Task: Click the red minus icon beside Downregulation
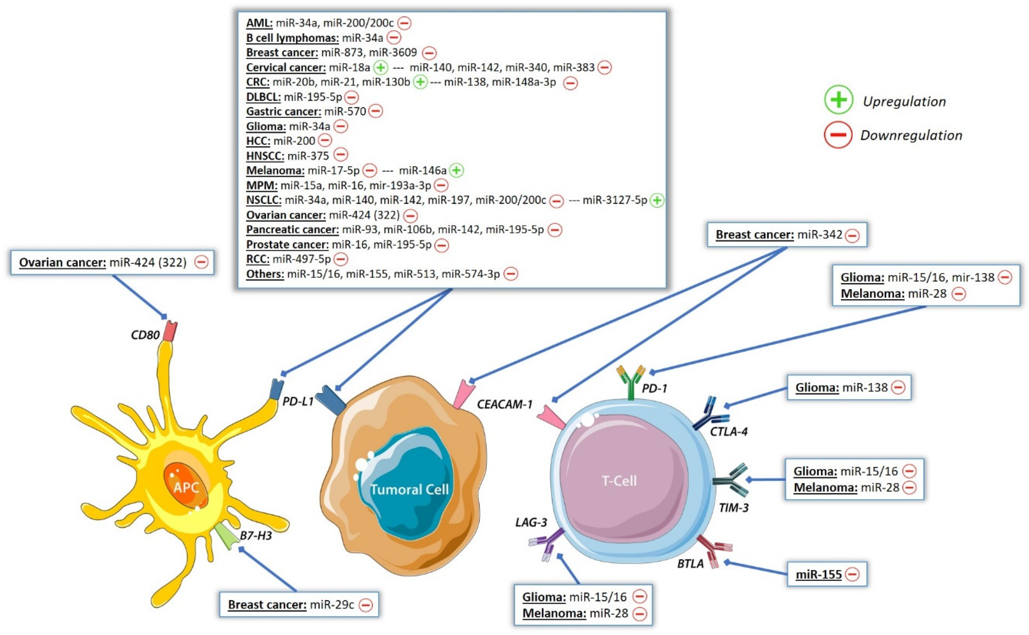pyautogui.click(x=838, y=135)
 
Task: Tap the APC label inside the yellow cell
pyautogui.click(x=186, y=487)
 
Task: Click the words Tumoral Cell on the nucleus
pyautogui.click(x=409, y=489)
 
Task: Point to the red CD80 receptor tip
pyautogui.click(x=171, y=330)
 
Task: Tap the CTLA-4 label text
pyautogui.click(x=729, y=431)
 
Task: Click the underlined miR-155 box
pyautogui.click(x=827, y=574)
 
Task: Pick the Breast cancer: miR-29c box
pyautogui.click(x=299, y=604)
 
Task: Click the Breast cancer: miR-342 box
pyautogui.click(x=787, y=234)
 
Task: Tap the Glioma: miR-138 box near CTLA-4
pyautogui.click(x=849, y=387)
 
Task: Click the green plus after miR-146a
pyautogui.click(x=457, y=171)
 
